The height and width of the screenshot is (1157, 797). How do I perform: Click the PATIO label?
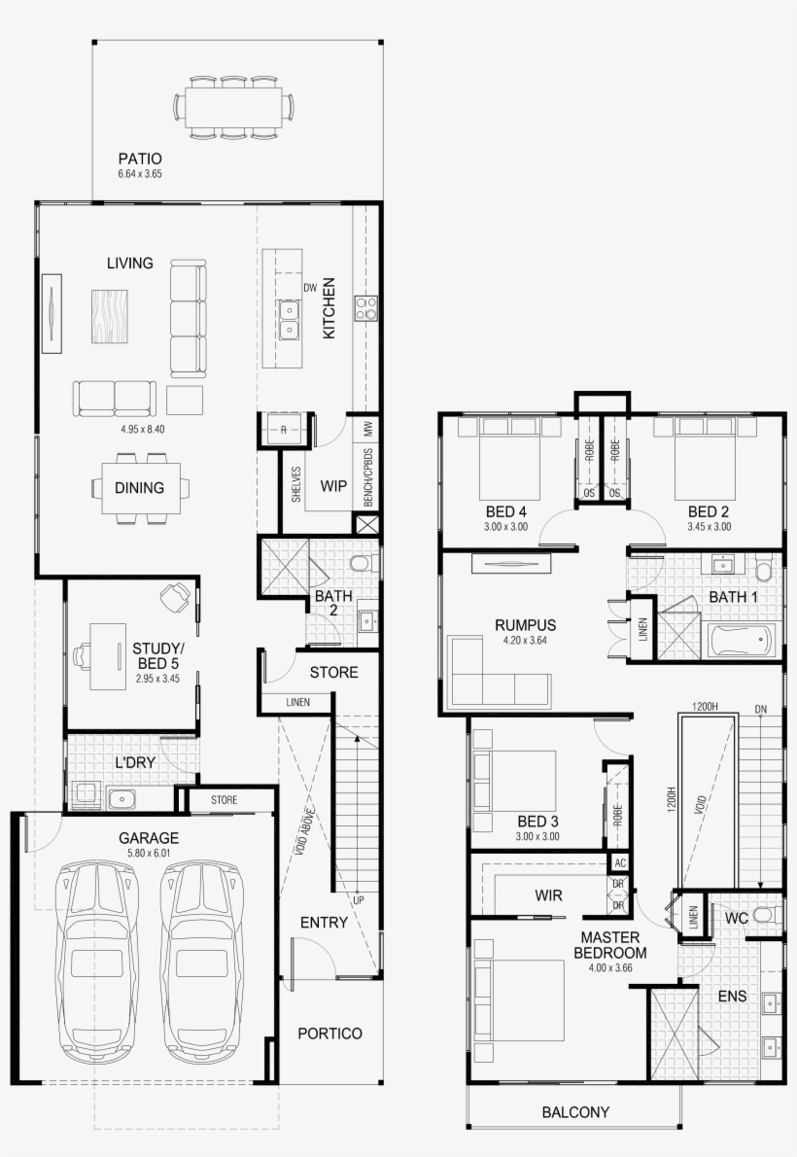pos(139,158)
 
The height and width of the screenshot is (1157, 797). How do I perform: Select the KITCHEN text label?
pos(329,308)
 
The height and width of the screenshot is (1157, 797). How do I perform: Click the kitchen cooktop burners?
pos(365,308)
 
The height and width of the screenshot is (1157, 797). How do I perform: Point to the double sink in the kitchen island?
pos(289,321)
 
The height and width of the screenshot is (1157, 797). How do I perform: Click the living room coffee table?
pos(110,315)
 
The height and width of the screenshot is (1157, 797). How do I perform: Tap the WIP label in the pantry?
pos(333,485)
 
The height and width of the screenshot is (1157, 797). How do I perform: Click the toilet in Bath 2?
pos(363,564)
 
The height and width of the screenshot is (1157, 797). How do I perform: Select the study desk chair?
pos(175,596)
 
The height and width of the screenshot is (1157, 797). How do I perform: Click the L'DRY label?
pos(135,763)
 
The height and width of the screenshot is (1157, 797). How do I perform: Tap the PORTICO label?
pos(329,1034)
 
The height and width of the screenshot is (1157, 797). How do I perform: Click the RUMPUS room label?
pos(525,624)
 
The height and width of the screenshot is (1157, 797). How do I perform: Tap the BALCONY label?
pos(575,1112)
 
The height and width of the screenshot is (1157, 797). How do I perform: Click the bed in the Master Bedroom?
pos(519,1001)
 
